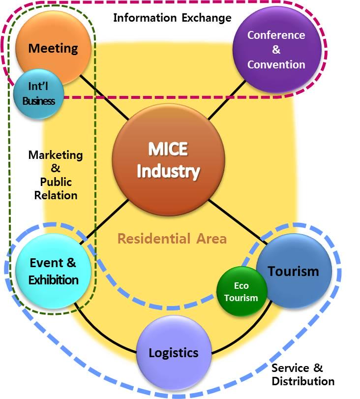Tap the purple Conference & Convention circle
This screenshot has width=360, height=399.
point(276,50)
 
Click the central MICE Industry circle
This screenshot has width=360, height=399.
point(169,160)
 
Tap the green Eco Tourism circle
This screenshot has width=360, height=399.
point(241,292)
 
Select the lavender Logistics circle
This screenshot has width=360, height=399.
point(174,352)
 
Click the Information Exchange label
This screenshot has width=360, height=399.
point(172,18)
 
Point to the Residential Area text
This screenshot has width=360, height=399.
point(172,239)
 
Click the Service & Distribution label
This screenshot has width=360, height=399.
point(302,374)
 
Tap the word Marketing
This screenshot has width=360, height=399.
point(56,155)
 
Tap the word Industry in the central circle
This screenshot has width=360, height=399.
point(169,172)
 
